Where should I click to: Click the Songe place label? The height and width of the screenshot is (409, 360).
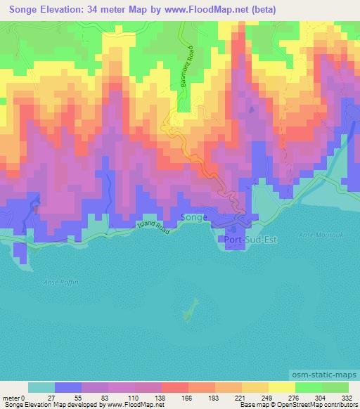click(x=194, y=218)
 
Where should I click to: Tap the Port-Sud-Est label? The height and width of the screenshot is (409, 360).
click(x=249, y=240)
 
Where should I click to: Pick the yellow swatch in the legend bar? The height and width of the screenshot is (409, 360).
click(x=281, y=387)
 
